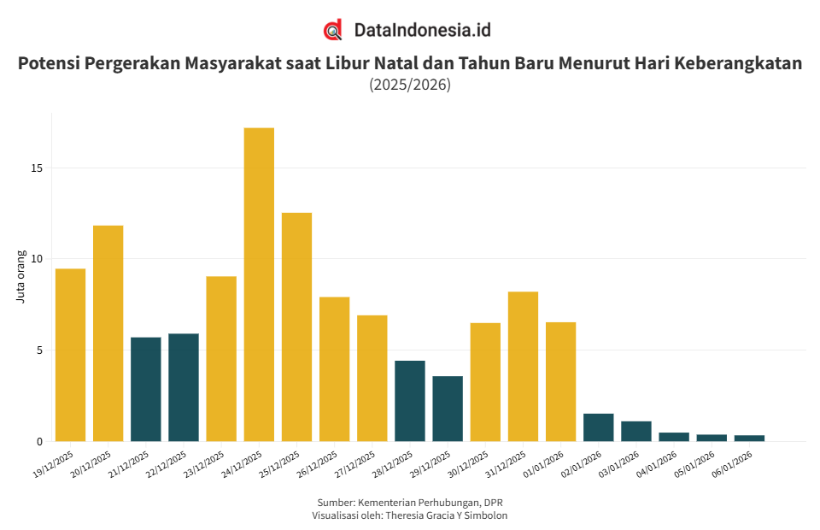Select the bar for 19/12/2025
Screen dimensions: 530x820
70,355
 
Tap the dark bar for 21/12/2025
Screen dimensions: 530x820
145,389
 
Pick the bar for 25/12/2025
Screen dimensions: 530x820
296,327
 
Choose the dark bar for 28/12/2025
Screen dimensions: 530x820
409,401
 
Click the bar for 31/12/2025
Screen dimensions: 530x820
523,367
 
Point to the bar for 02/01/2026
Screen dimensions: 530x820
598,427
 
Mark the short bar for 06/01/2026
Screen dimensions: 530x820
749,438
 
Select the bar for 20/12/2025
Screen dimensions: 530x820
108,333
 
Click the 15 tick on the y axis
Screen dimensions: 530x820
37,168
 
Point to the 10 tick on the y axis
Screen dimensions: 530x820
37,259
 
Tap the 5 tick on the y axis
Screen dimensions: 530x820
39,350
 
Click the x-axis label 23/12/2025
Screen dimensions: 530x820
204,462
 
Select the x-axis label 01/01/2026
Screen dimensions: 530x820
543,462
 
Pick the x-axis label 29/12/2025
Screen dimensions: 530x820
430,462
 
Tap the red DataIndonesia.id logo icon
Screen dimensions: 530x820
333,30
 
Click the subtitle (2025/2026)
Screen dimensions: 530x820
410,85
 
